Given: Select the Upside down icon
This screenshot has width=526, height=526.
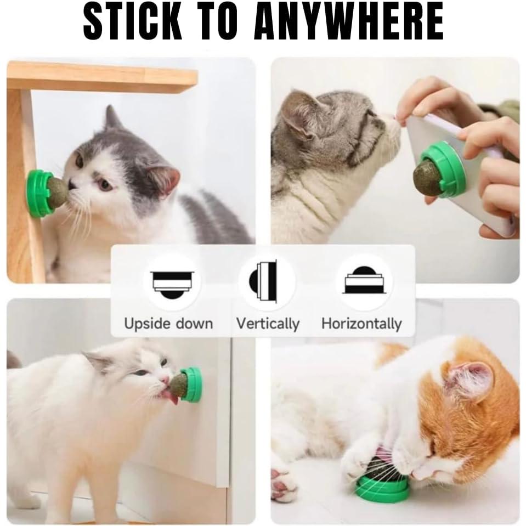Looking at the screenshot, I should click(172, 282).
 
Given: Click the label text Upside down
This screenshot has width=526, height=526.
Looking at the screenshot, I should click(168, 324).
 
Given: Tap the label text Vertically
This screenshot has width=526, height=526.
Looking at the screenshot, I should click(268, 324).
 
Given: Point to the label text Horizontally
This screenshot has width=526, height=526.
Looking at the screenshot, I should click(361, 324).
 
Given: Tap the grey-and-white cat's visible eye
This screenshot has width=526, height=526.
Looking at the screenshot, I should click(105, 184).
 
